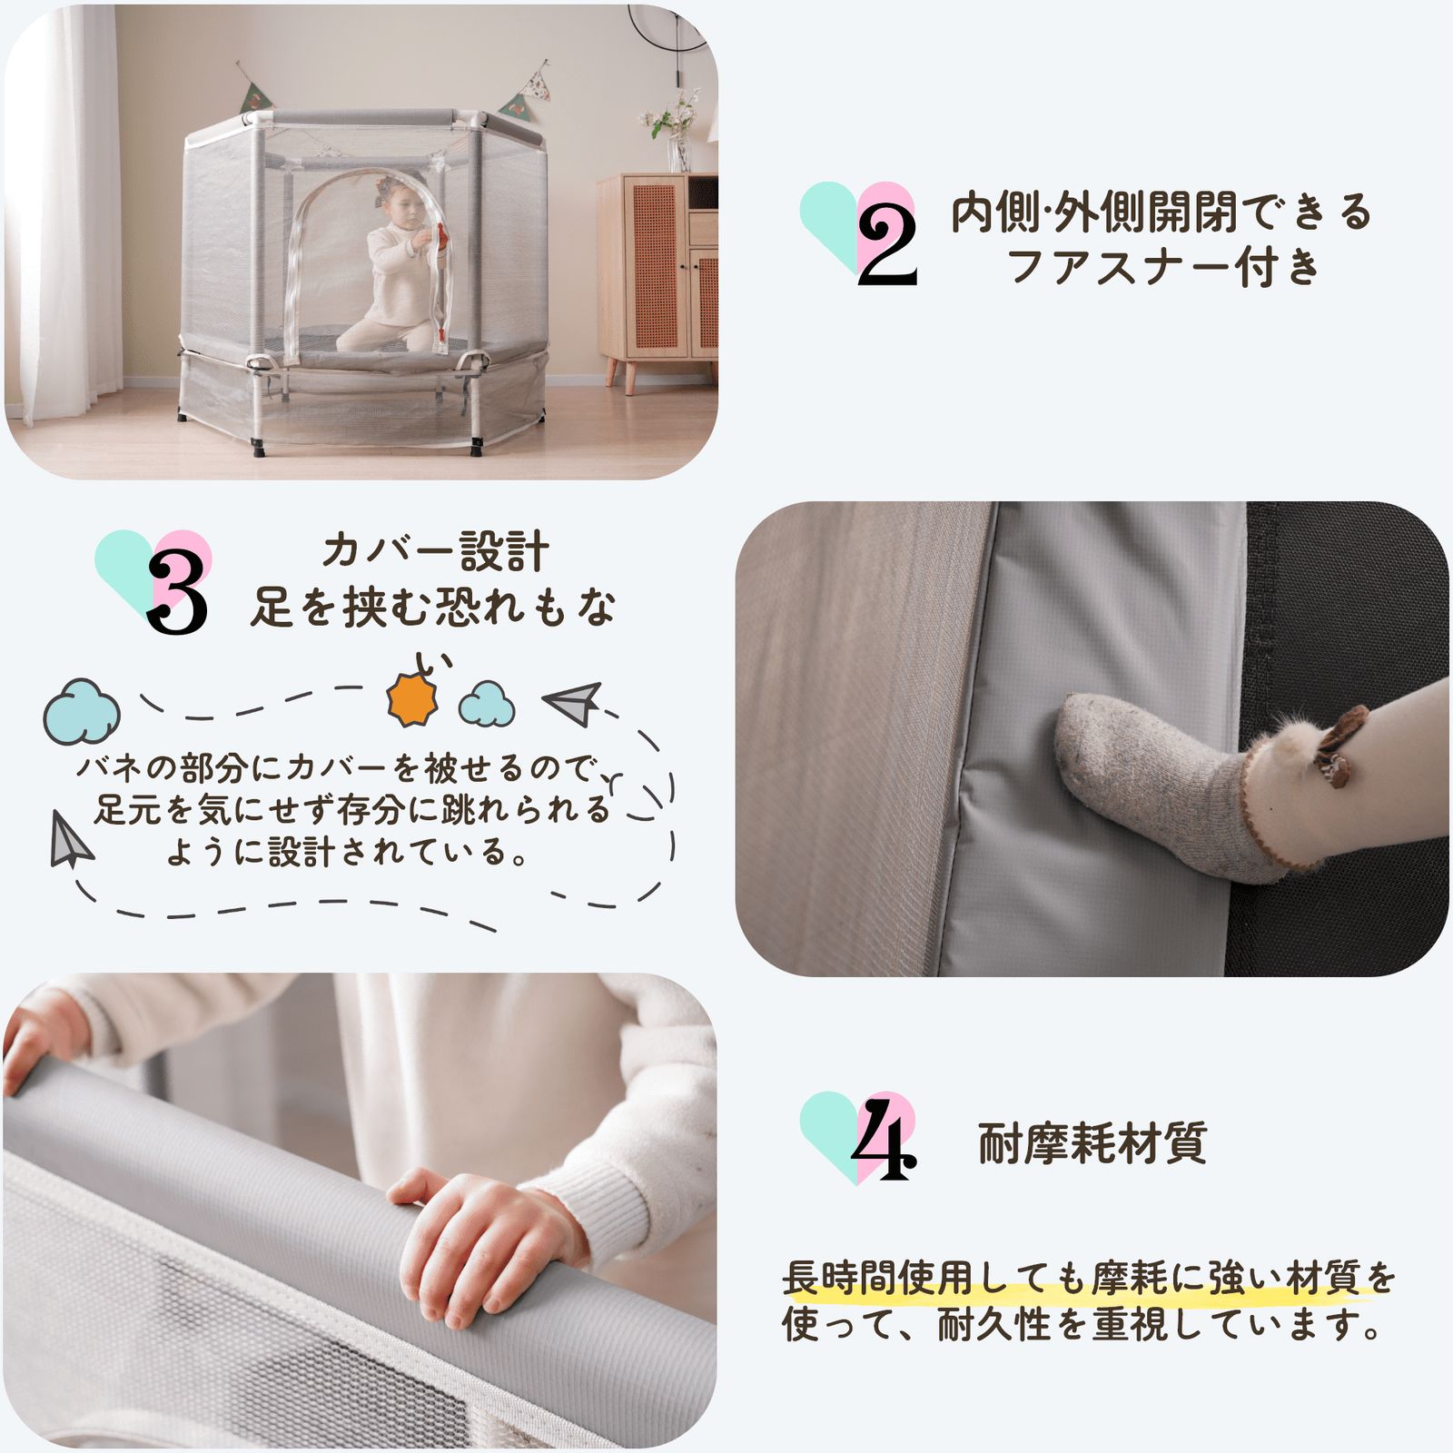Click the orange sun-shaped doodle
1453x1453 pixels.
click(x=411, y=700)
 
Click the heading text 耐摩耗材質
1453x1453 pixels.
click(x=1092, y=1143)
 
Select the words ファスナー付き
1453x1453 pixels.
click(x=1163, y=268)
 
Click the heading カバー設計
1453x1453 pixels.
click(x=435, y=551)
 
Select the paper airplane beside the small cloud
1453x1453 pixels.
click(x=573, y=703)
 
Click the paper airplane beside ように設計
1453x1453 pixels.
click(x=70, y=841)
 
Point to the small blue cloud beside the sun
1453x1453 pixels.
click(x=487, y=705)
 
